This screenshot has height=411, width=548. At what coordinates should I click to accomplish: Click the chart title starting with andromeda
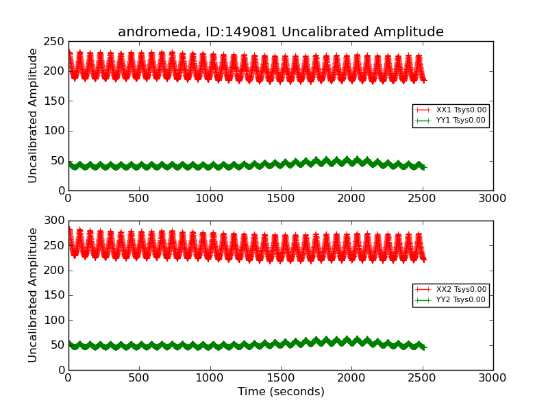click(280, 32)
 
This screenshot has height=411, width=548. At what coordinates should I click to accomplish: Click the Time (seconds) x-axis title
click(281, 392)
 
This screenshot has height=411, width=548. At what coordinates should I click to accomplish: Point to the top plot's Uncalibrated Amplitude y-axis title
click(33, 115)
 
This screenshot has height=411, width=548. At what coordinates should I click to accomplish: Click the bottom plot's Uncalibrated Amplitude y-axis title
click(33, 295)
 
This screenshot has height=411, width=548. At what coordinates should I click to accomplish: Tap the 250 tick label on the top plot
click(55, 42)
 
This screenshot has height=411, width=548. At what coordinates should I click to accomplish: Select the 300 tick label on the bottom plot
click(55, 221)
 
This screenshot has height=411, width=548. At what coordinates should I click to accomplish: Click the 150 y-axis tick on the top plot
click(55, 101)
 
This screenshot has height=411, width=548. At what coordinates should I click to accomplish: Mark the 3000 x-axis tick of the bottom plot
click(492, 378)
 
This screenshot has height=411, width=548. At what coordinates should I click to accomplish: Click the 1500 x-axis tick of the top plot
click(280, 199)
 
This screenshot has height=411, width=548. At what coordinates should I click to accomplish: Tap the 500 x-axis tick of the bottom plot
click(139, 378)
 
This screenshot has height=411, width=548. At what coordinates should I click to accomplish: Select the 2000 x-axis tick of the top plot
click(351, 199)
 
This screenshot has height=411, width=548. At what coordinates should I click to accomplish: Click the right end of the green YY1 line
click(425, 167)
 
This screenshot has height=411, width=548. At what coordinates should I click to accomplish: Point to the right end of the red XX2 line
click(425, 259)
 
